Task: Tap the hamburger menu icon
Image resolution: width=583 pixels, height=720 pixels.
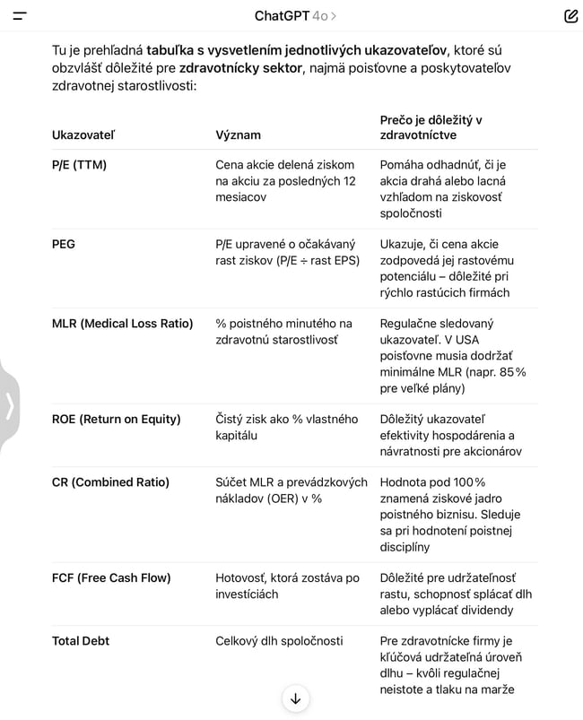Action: tap(20, 16)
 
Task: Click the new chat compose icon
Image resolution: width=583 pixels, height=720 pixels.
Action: tap(570, 16)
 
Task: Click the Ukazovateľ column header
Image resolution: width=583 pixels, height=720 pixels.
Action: tap(83, 135)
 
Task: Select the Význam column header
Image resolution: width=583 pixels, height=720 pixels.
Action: tap(238, 135)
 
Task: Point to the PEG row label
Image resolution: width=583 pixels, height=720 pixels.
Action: tap(64, 244)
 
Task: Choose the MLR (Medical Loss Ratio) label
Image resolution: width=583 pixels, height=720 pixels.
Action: tap(122, 324)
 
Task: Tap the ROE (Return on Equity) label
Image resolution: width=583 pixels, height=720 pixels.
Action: tap(116, 419)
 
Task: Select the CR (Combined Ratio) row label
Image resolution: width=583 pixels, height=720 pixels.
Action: tap(110, 482)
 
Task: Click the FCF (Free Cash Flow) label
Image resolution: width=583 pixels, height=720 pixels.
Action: tap(111, 577)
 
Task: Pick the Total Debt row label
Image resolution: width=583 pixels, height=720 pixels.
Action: tap(81, 641)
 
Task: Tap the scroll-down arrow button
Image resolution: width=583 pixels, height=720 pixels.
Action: tap(295, 698)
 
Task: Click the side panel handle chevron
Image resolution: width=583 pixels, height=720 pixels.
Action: tap(10, 406)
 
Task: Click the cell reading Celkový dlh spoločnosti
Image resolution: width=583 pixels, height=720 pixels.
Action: tap(279, 641)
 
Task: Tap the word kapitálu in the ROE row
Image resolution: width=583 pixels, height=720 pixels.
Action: tap(236, 435)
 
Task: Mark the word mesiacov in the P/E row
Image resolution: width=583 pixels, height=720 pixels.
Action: tap(240, 197)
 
